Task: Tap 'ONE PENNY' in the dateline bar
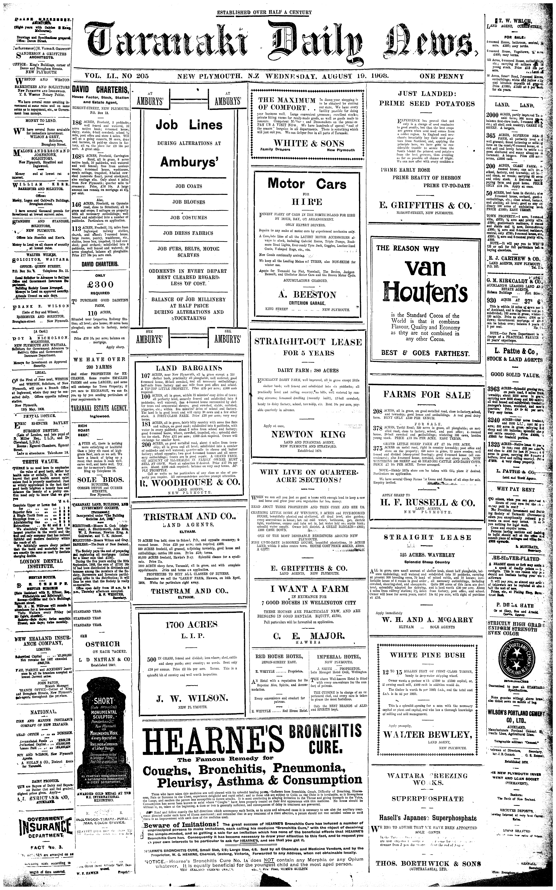(x=442, y=77)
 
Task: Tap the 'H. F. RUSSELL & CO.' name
(x=427, y=503)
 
